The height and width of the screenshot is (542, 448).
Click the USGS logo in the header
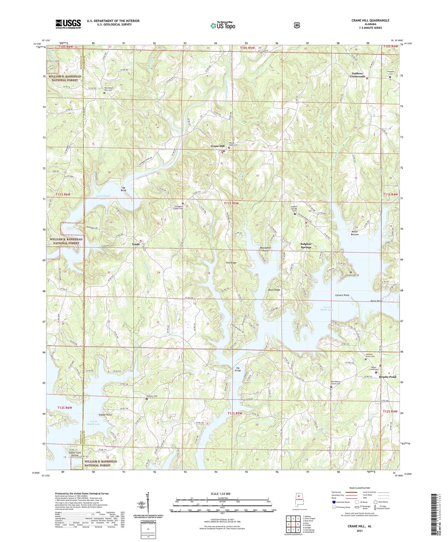pyautogui.click(x=68, y=24)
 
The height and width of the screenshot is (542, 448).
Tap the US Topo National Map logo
pyautogui.click(x=223, y=25)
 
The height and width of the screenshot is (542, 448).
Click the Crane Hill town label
pyautogui.click(x=217, y=146)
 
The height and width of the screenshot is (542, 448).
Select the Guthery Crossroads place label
pyautogui.click(x=357, y=75)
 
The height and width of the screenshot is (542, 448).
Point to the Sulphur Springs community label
pyautogui.click(x=306, y=246)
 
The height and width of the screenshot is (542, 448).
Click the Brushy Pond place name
pyautogui.click(x=388, y=377)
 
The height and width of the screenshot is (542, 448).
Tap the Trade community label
pyautogui.click(x=136, y=244)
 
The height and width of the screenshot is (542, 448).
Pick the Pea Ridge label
pyautogui.click(x=231, y=263)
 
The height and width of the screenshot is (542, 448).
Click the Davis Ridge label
pyautogui.click(x=274, y=290)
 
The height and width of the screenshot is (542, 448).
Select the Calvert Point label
pyautogui.click(x=342, y=295)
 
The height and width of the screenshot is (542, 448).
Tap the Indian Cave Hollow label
pyautogui.click(x=74, y=454)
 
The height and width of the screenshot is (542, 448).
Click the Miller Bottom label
pyautogui.click(x=355, y=233)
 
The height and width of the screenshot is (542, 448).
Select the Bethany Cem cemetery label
pyautogui.click(x=152, y=396)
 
